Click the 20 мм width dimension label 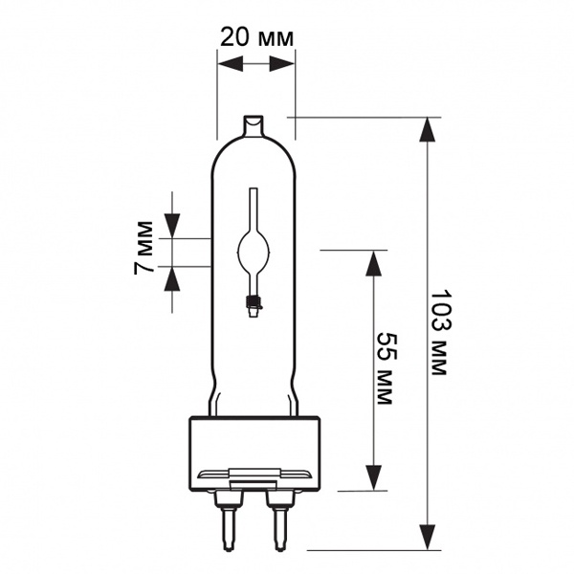257,37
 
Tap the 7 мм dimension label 143,248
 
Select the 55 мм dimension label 386,368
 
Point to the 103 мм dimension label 440,333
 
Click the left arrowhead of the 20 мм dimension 231,64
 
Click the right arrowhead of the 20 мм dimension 282,64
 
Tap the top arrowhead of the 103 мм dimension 428,129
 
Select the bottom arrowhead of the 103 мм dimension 428,538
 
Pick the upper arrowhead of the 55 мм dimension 374,263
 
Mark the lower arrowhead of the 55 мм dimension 374,477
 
